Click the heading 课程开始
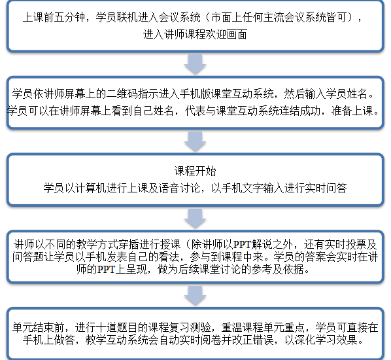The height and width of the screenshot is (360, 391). coord(195,171)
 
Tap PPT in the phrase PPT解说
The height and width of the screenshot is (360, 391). coord(242,244)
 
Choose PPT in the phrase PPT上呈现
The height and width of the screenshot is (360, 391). coord(106,270)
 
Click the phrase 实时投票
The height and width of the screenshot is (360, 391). coord(345,244)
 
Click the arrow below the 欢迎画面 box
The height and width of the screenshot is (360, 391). coord(195,64)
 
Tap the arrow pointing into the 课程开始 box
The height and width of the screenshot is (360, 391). coord(195,141)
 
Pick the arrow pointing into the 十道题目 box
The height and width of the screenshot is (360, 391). coord(195,296)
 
